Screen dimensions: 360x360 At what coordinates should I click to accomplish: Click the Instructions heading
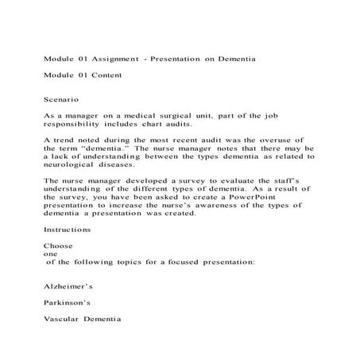pos(67,230)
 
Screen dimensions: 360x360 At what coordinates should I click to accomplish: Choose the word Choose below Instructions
pos(58,246)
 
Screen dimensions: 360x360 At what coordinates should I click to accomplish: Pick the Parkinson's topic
pos(67,302)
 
